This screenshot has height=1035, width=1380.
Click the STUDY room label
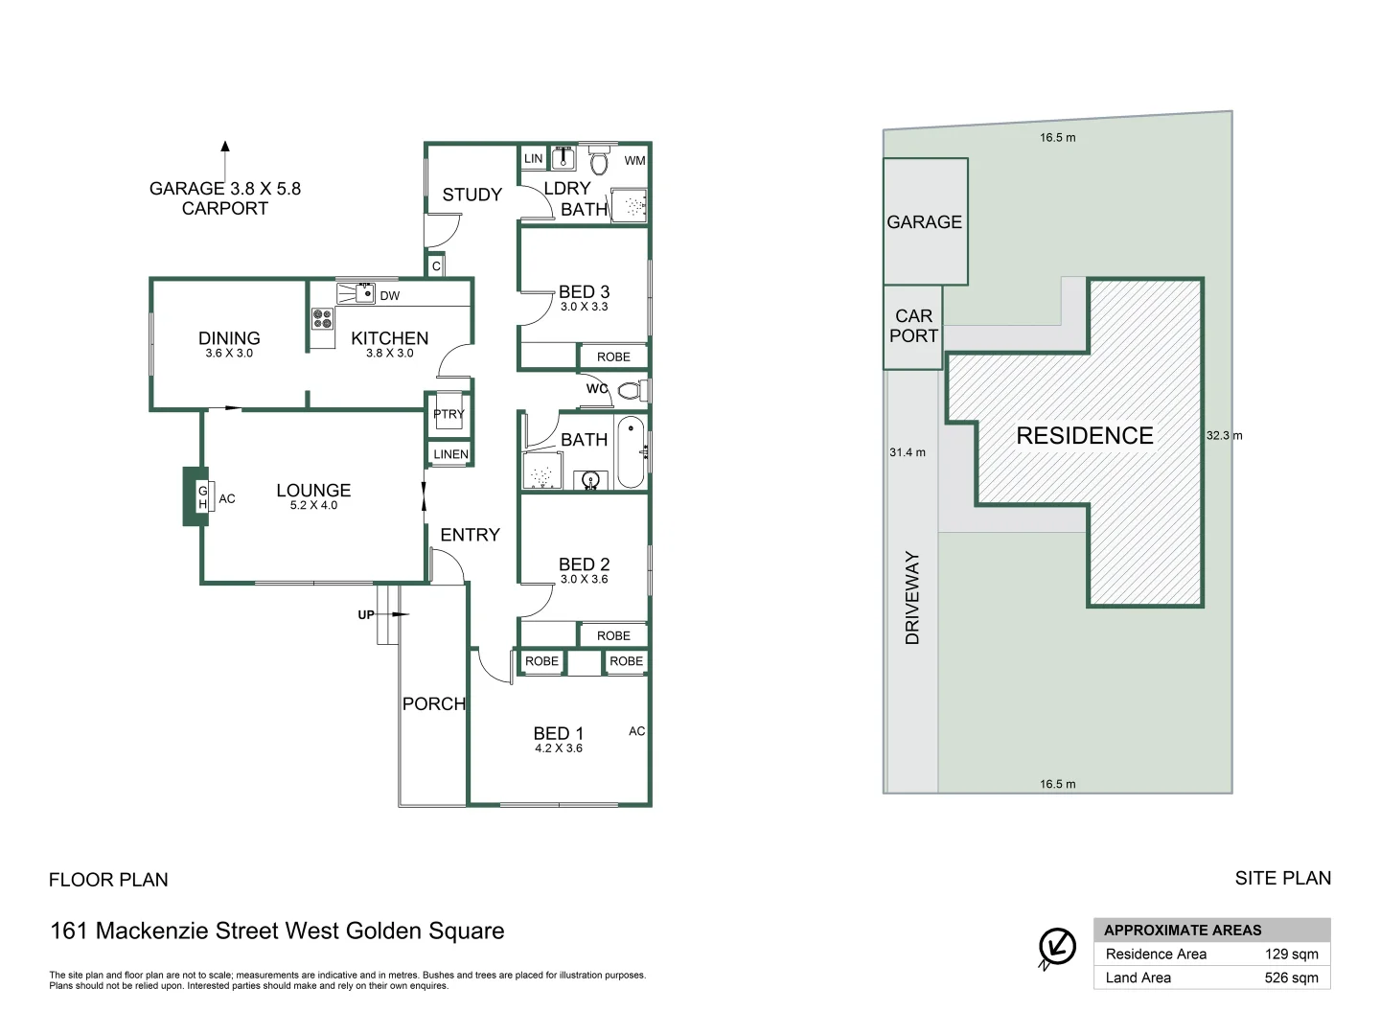tap(471, 195)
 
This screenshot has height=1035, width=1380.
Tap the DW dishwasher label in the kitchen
tap(389, 296)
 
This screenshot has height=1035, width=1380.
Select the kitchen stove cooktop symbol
tap(322, 318)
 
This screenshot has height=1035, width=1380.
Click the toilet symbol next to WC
tap(632, 390)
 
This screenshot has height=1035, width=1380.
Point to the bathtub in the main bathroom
tap(631, 451)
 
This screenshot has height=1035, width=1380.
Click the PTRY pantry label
tap(448, 414)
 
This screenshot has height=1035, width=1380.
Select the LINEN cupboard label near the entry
tap(450, 454)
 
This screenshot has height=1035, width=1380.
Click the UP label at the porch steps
tap(366, 614)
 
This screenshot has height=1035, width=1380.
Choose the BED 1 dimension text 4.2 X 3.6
tap(558, 748)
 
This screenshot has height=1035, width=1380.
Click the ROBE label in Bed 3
tap(613, 356)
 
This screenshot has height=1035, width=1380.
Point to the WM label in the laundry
tap(634, 161)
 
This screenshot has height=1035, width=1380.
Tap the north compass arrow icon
tap(1057, 947)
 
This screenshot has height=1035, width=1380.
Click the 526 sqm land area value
tap(1291, 977)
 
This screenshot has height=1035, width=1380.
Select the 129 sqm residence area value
tap(1291, 954)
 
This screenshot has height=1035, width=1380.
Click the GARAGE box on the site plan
tap(925, 221)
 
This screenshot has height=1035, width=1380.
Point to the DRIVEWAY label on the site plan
tap(911, 597)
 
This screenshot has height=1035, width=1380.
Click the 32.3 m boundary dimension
tap(1224, 435)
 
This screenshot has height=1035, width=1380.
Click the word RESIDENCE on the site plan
tap(1084, 436)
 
